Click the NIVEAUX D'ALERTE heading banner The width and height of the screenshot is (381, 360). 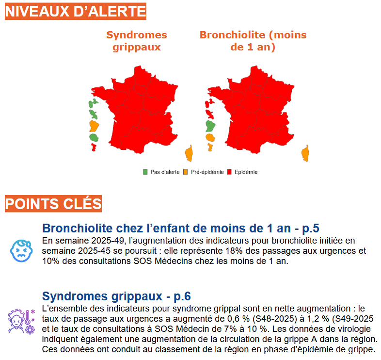(75, 10)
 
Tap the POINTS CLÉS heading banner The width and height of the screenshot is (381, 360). (53, 204)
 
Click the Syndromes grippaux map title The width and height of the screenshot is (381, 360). (136, 41)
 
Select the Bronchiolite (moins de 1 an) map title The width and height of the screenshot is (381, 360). (253, 41)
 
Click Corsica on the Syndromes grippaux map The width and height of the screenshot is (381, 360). (189, 153)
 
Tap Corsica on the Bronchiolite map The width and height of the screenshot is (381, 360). (305, 153)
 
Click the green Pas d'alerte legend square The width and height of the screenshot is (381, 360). (145, 172)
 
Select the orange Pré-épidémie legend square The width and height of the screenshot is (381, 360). (186, 172)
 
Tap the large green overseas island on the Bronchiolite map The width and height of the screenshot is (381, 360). (210, 126)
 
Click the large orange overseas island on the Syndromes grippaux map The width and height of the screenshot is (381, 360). (94, 126)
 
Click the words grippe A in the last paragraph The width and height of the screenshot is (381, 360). (311, 339)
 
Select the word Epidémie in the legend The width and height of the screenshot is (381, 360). (246, 172)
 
